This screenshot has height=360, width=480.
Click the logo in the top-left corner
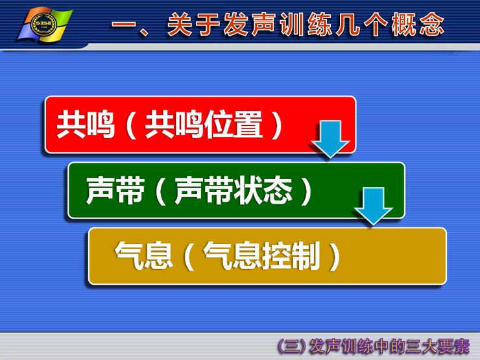click(x=45, y=25)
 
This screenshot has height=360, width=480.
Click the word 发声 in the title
click(x=251, y=24)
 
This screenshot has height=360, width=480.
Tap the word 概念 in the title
click(x=418, y=24)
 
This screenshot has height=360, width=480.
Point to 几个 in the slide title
click(x=362, y=24)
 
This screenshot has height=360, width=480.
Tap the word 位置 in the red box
click(x=234, y=125)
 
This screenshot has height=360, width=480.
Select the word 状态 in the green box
click(x=263, y=191)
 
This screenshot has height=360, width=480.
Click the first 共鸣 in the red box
click(x=86, y=125)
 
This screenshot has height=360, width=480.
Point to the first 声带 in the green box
click(x=115, y=191)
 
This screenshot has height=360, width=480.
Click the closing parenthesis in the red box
click(x=277, y=125)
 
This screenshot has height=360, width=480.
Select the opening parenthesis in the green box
click(x=161, y=191)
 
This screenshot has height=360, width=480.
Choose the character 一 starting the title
click(x=123, y=25)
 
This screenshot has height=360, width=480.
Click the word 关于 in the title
click(x=194, y=24)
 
